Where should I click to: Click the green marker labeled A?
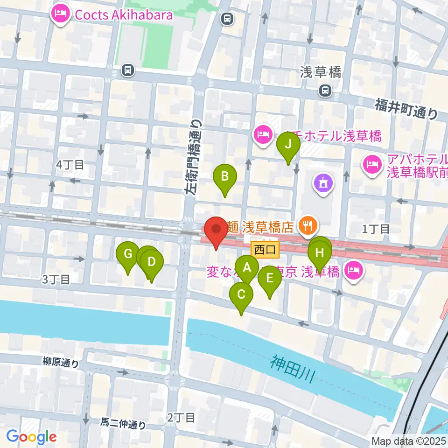(x=247, y=268)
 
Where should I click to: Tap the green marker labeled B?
(x=225, y=177)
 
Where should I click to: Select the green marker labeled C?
(x=241, y=295)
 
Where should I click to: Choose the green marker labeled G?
(x=128, y=254)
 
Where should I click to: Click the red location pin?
(x=216, y=230)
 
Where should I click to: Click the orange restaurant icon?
(x=307, y=227)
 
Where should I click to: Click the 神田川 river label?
(x=293, y=369)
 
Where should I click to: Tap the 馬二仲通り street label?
(x=123, y=424)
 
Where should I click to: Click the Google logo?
(x=31, y=437)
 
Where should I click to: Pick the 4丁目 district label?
(x=70, y=164)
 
